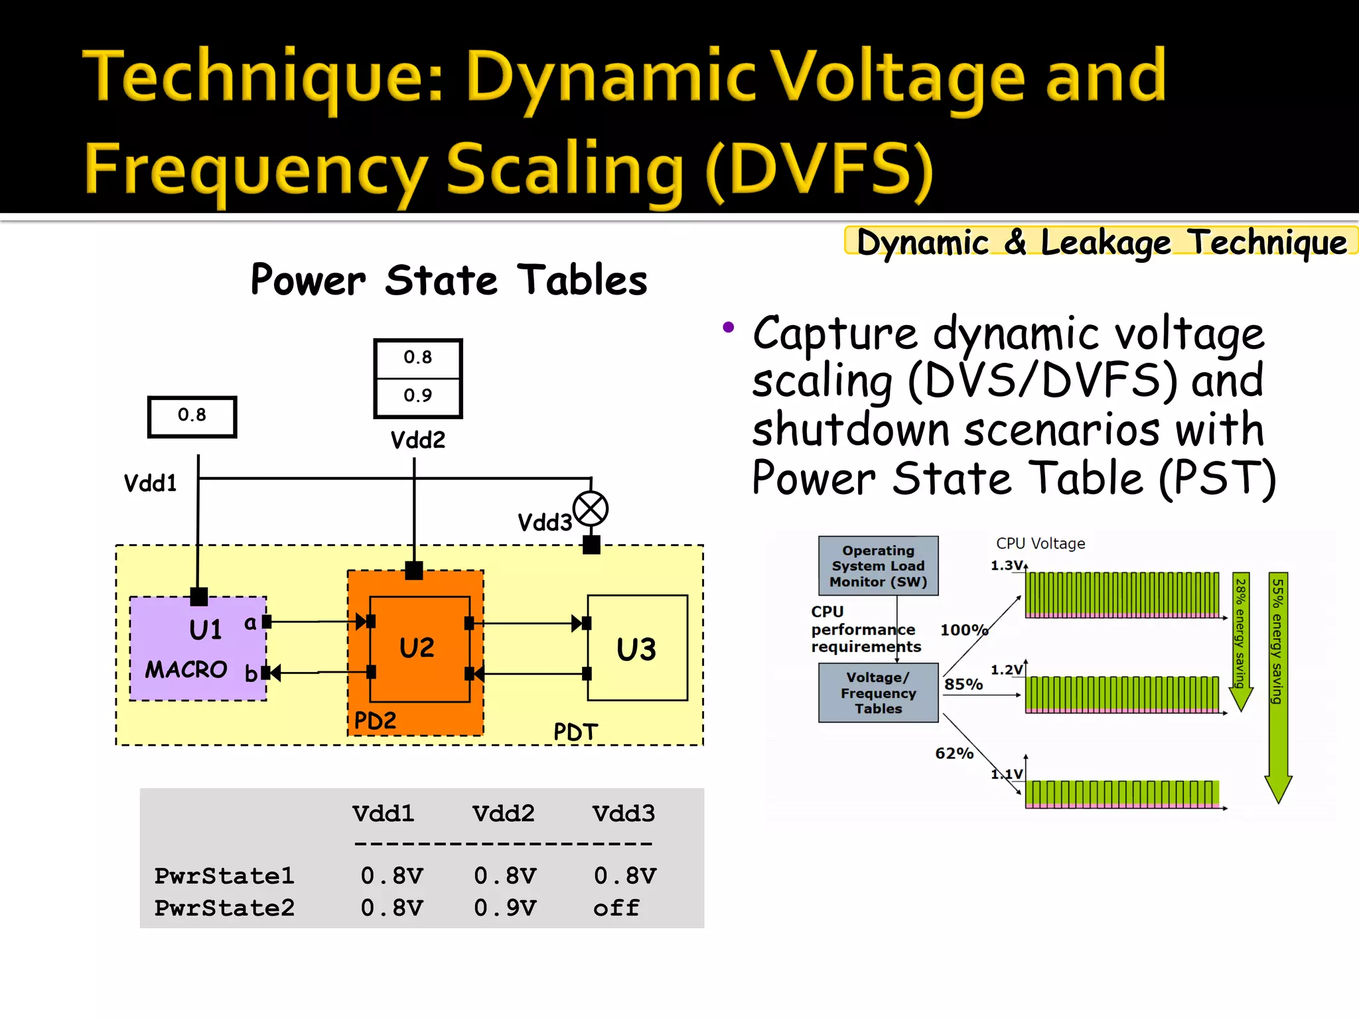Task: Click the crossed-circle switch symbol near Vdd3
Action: (x=590, y=509)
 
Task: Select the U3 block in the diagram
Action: (x=637, y=648)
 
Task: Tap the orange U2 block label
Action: (x=417, y=647)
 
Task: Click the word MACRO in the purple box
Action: (x=186, y=669)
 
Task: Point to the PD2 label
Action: (x=375, y=720)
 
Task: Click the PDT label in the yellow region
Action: (x=575, y=732)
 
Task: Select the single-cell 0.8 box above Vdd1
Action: (x=192, y=416)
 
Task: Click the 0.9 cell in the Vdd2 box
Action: (x=417, y=396)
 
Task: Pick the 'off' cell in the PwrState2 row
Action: (x=616, y=908)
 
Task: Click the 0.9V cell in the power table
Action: (x=504, y=908)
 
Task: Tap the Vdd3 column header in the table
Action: (x=623, y=813)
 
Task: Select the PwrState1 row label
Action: (x=224, y=876)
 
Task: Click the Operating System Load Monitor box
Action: (x=878, y=566)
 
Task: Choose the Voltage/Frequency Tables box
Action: (x=878, y=693)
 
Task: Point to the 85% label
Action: (x=964, y=684)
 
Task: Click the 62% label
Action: (x=954, y=753)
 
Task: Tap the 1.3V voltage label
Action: (x=1006, y=565)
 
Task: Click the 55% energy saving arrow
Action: (x=1277, y=683)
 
